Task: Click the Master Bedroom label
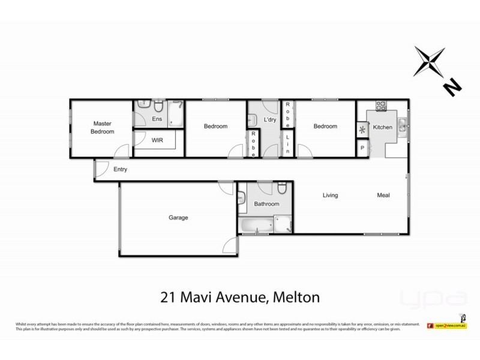click(101, 127)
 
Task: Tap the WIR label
click(157, 140)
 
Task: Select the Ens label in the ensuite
click(157, 119)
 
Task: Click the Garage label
click(178, 218)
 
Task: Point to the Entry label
click(121, 170)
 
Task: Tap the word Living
click(330, 195)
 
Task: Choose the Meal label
click(383, 195)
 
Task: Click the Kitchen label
click(383, 127)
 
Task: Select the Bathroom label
click(266, 204)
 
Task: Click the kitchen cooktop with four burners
click(380, 107)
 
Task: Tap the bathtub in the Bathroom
click(256, 226)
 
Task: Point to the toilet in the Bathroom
click(281, 190)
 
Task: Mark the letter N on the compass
click(452, 88)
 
